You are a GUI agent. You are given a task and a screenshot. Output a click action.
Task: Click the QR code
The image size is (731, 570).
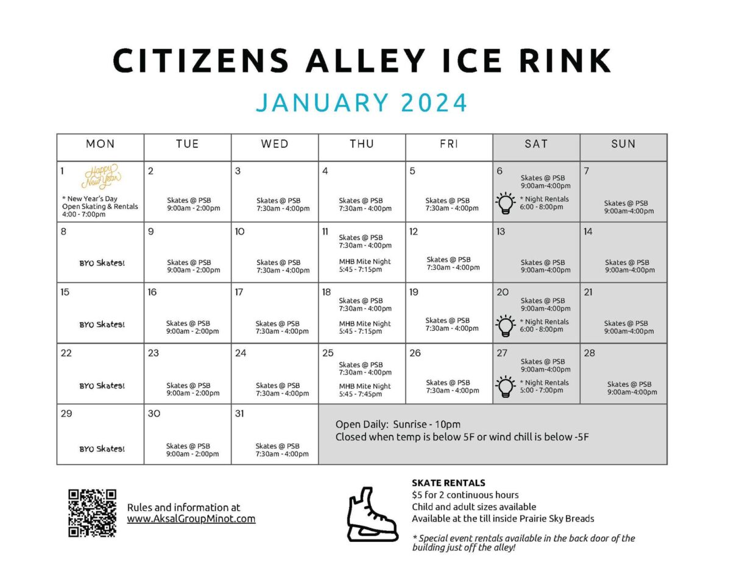pos(92,513)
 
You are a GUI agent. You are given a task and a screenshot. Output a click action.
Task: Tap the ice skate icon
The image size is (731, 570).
pos(372,514)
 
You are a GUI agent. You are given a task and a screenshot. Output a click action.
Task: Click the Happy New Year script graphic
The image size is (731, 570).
pos(101,176)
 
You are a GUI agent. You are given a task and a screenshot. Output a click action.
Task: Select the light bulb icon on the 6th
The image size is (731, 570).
pos(505,203)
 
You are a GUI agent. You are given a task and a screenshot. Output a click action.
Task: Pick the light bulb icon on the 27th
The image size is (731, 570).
pos(505,386)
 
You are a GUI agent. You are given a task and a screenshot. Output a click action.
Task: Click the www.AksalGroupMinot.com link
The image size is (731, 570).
pos(191,519)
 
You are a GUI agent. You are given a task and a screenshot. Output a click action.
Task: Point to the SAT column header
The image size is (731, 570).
pos(536,144)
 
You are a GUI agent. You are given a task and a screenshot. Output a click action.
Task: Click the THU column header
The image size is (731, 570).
pos(362,144)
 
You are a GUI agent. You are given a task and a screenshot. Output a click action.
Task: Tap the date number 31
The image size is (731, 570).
pos(239,413)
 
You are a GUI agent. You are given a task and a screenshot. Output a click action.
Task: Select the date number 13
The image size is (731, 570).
pos(501,231)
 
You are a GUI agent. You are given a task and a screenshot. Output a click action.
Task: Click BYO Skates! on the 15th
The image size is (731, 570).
pos(102,325)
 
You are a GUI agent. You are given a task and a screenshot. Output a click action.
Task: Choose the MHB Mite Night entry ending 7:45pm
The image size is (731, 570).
pos(365,390)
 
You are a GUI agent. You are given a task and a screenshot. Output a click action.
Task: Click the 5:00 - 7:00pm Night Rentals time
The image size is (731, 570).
pos(542,390)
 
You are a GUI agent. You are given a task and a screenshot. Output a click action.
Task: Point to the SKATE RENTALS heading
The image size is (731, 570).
pos(448,483)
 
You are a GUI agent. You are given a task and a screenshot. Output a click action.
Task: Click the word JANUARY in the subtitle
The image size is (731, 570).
pos(322,102)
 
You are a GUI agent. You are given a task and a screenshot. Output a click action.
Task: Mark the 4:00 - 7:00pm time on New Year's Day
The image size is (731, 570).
pos(84,214)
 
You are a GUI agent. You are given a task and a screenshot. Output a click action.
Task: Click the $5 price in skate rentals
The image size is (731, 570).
pos(417,494)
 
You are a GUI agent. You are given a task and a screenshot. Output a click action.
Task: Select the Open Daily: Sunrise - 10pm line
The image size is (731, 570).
pos(398,424)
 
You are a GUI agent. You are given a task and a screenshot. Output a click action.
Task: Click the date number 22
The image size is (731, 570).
pos(66,353)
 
